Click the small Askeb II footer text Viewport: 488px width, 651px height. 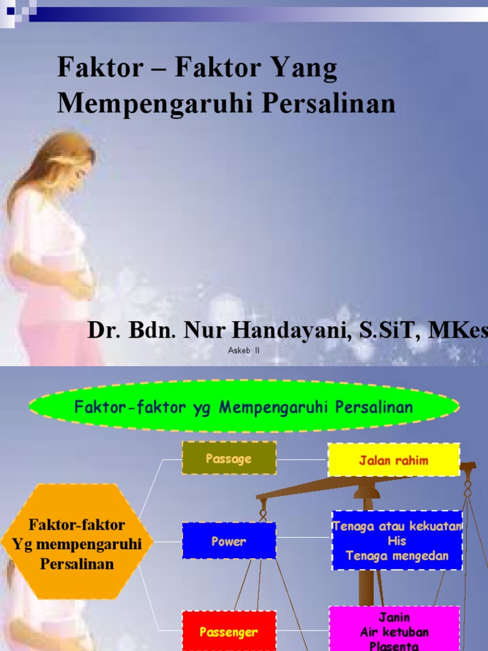point(243,350)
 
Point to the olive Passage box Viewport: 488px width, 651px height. point(229,458)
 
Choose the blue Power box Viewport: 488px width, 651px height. point(229,541)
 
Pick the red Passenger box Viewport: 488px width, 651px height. point(229,631)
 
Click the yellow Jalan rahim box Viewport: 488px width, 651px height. point(393,460)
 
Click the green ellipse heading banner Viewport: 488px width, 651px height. point(244,407)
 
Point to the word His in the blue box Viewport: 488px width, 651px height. point(396,541)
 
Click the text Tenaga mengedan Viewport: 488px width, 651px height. point(397,556)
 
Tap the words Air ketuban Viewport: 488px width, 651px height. point(394,632)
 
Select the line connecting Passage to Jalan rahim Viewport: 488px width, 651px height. point(302,459)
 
